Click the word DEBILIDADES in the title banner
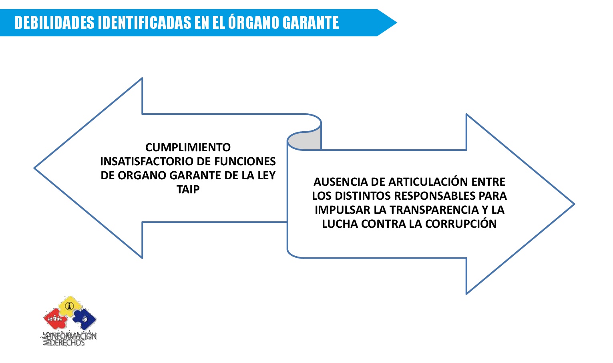[54, 22]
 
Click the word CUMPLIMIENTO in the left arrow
[188, 147]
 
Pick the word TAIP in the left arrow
[188, 189]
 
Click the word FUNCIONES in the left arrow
[245, 161]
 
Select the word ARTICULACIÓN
[429, 181]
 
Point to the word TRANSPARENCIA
[434, 210]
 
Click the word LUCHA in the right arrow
[340, 224]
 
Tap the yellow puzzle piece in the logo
[70, 306]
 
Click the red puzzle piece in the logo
[56, 319]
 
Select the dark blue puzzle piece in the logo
[84, 319]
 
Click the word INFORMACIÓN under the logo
[73, 336]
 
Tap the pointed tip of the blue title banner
[396, 22]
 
